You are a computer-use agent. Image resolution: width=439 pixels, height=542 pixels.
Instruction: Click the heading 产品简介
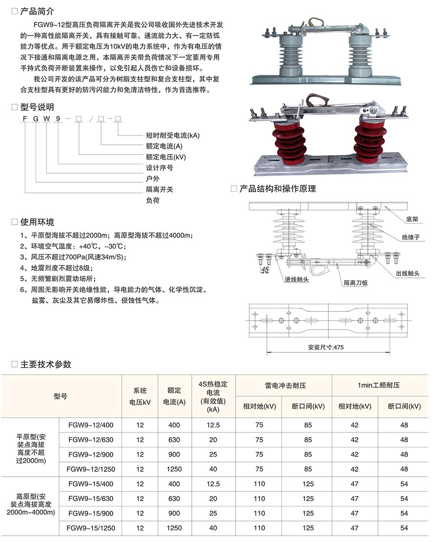click(37, 11)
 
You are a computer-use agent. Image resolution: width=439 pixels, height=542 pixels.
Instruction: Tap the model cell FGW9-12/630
click(91, 440)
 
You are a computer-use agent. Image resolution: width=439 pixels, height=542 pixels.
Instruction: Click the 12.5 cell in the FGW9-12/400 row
click(213, 425)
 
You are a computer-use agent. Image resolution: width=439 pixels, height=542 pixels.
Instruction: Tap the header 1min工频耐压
click(379, 386)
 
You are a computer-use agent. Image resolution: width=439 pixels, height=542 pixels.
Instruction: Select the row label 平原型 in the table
click(30, 447)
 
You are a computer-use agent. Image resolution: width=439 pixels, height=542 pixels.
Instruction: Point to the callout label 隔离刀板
click(355, 282)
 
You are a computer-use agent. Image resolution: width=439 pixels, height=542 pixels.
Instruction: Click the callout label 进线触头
click(297, 279)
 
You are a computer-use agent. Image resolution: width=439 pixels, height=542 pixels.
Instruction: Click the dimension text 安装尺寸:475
click(326, 348)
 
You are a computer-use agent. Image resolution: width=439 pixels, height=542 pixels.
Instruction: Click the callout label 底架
click(412, 220)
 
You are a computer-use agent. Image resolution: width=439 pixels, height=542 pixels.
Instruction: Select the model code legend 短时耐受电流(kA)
click(173, 135)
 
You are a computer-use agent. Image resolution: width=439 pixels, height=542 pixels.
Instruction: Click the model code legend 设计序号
click(160, 168)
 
